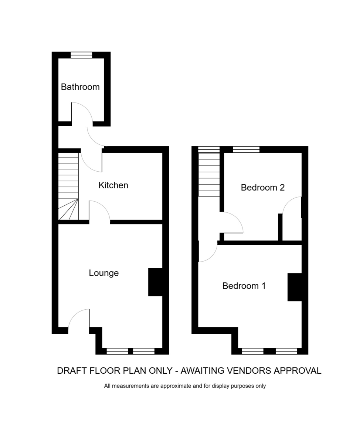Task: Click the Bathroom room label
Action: point(80,87)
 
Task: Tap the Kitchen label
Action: point(113,185)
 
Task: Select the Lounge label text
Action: point(104,273)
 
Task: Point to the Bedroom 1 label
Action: point(244,286)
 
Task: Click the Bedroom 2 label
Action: point(262,187)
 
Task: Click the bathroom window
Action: point(81,55)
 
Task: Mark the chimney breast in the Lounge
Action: point(155,282)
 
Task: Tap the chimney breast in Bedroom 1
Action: point(295,287)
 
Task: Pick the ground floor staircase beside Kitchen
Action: point(68,186)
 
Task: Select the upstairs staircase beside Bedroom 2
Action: point(209,175)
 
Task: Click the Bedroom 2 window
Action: point(246,149)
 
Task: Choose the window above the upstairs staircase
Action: point(209,149)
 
